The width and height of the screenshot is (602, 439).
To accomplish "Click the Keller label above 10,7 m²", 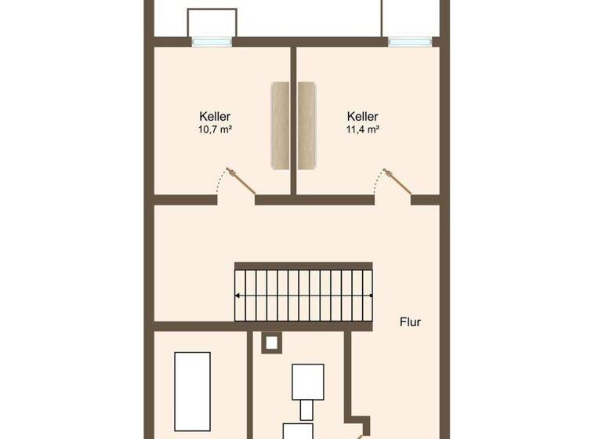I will (x=215, y=117).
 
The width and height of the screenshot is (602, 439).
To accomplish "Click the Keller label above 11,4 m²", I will (x=363, y=117).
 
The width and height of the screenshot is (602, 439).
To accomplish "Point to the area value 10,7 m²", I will (x=215, y=130).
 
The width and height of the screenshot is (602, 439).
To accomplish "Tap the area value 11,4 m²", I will (x=363, y=130).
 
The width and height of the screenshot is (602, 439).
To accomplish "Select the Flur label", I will (x=410, y=321).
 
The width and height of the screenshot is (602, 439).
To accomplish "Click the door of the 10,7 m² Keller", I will (x=240, y=180).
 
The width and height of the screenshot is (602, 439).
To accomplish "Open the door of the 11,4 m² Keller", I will (x=397, y=180).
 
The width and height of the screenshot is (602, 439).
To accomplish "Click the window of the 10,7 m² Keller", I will (x=212, y=42).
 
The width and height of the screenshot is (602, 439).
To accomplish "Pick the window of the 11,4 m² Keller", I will (x=410, y=42).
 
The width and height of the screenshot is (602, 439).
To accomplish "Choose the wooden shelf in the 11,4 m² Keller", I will (x=306, y=125).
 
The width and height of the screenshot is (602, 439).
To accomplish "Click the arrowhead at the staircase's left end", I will (x=238, y=296).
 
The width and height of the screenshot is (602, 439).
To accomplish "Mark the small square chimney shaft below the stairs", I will (x=271, y=342).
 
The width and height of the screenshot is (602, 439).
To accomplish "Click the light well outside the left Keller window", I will (x=212, y=23).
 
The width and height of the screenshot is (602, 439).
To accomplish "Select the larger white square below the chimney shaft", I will (x=307, y=381).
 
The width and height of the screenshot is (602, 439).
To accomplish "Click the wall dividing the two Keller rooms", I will (x=293, y=118).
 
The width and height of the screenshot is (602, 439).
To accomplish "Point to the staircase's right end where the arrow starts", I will (x=370, y=296).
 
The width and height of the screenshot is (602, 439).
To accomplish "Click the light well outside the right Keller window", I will (x=410, y=19).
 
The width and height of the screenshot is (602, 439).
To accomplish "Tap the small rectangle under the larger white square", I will (x=307, y=410).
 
